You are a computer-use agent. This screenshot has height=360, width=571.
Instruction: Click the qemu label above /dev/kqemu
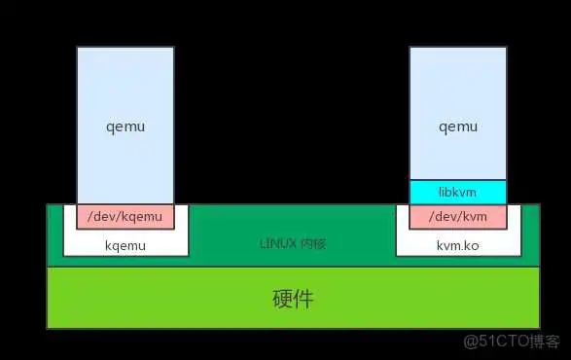click(125, 126)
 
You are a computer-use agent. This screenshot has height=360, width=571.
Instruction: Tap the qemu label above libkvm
click(458, 126)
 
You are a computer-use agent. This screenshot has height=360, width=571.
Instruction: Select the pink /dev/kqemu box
click(125, 216)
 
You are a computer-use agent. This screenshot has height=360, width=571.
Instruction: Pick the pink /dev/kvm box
click(458, 216)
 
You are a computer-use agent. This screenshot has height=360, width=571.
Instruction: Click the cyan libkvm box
click(458, 193)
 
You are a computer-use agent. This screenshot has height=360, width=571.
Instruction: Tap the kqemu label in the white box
click(125, 245)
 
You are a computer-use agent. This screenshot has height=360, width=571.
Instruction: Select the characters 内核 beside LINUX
click(312, 242)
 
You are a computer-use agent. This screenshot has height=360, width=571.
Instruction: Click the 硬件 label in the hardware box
click(293, 298)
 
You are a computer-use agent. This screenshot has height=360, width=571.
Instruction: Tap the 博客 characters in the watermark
click(545, 342)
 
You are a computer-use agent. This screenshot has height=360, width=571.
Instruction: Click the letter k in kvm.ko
click(441, 245)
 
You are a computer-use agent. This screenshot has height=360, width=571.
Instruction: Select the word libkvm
click(458, 193)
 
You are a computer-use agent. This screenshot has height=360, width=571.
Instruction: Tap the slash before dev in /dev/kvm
click(432, 216)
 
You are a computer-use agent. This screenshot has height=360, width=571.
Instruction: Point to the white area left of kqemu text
click(83, 245)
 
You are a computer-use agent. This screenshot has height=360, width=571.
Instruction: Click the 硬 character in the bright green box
click(282, 298)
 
